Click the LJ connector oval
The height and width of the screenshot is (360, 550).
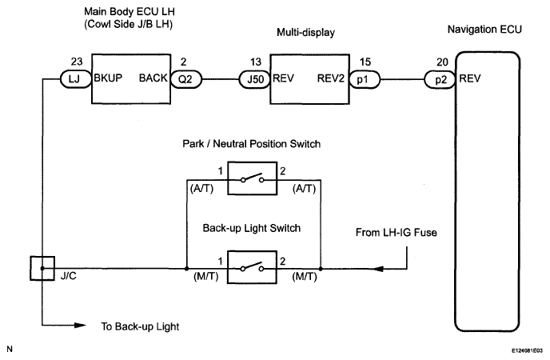pyautogui.click(x=75, y=79)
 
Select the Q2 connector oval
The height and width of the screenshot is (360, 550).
pyautogui.click(x=186, y=79)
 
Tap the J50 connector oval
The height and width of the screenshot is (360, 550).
pyautogui.click(x=254, y=79)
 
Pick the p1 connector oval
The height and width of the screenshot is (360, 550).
pyautogui.click(x=365, y=79)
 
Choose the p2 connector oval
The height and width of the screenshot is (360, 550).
pyautogui.click(x=440, y=80)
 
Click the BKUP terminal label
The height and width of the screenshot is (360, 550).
pyautogui.click(x=108, y=78)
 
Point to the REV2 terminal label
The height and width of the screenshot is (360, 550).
pyautogui.click(x=330, y=78)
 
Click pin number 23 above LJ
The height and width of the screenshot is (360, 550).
pyautogui.click(x=77, y=62)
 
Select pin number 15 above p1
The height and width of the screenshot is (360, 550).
pyautogui.click(x=365, y=62)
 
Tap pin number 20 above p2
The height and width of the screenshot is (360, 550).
pyautogui.click(x=442, y=62)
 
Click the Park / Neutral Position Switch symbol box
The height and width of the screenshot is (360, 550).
pyautogui.click(x=252, y=178)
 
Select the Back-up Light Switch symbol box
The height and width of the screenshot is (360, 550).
pyautogui.click(x=252, y=267)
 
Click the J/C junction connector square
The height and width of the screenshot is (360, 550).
pyautogui.click(x=42, y=269)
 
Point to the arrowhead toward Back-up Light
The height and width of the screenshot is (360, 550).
pyautogui.click(x=80, y=326)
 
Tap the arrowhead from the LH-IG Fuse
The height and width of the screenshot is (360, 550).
pyautogui.click(x=377, y=269)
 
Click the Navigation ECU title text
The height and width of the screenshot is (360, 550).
pyautogui.click(x=484, y=30)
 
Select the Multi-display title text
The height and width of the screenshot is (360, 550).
pyautogui.click(x=305, y=33)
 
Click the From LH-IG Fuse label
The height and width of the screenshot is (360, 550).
pyautogui.click(x=396, y=232)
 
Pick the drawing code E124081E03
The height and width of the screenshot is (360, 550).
pyautogui.click(x=527, y=350)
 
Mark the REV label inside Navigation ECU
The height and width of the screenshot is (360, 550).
pyautogui.click(x=470, y=78)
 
